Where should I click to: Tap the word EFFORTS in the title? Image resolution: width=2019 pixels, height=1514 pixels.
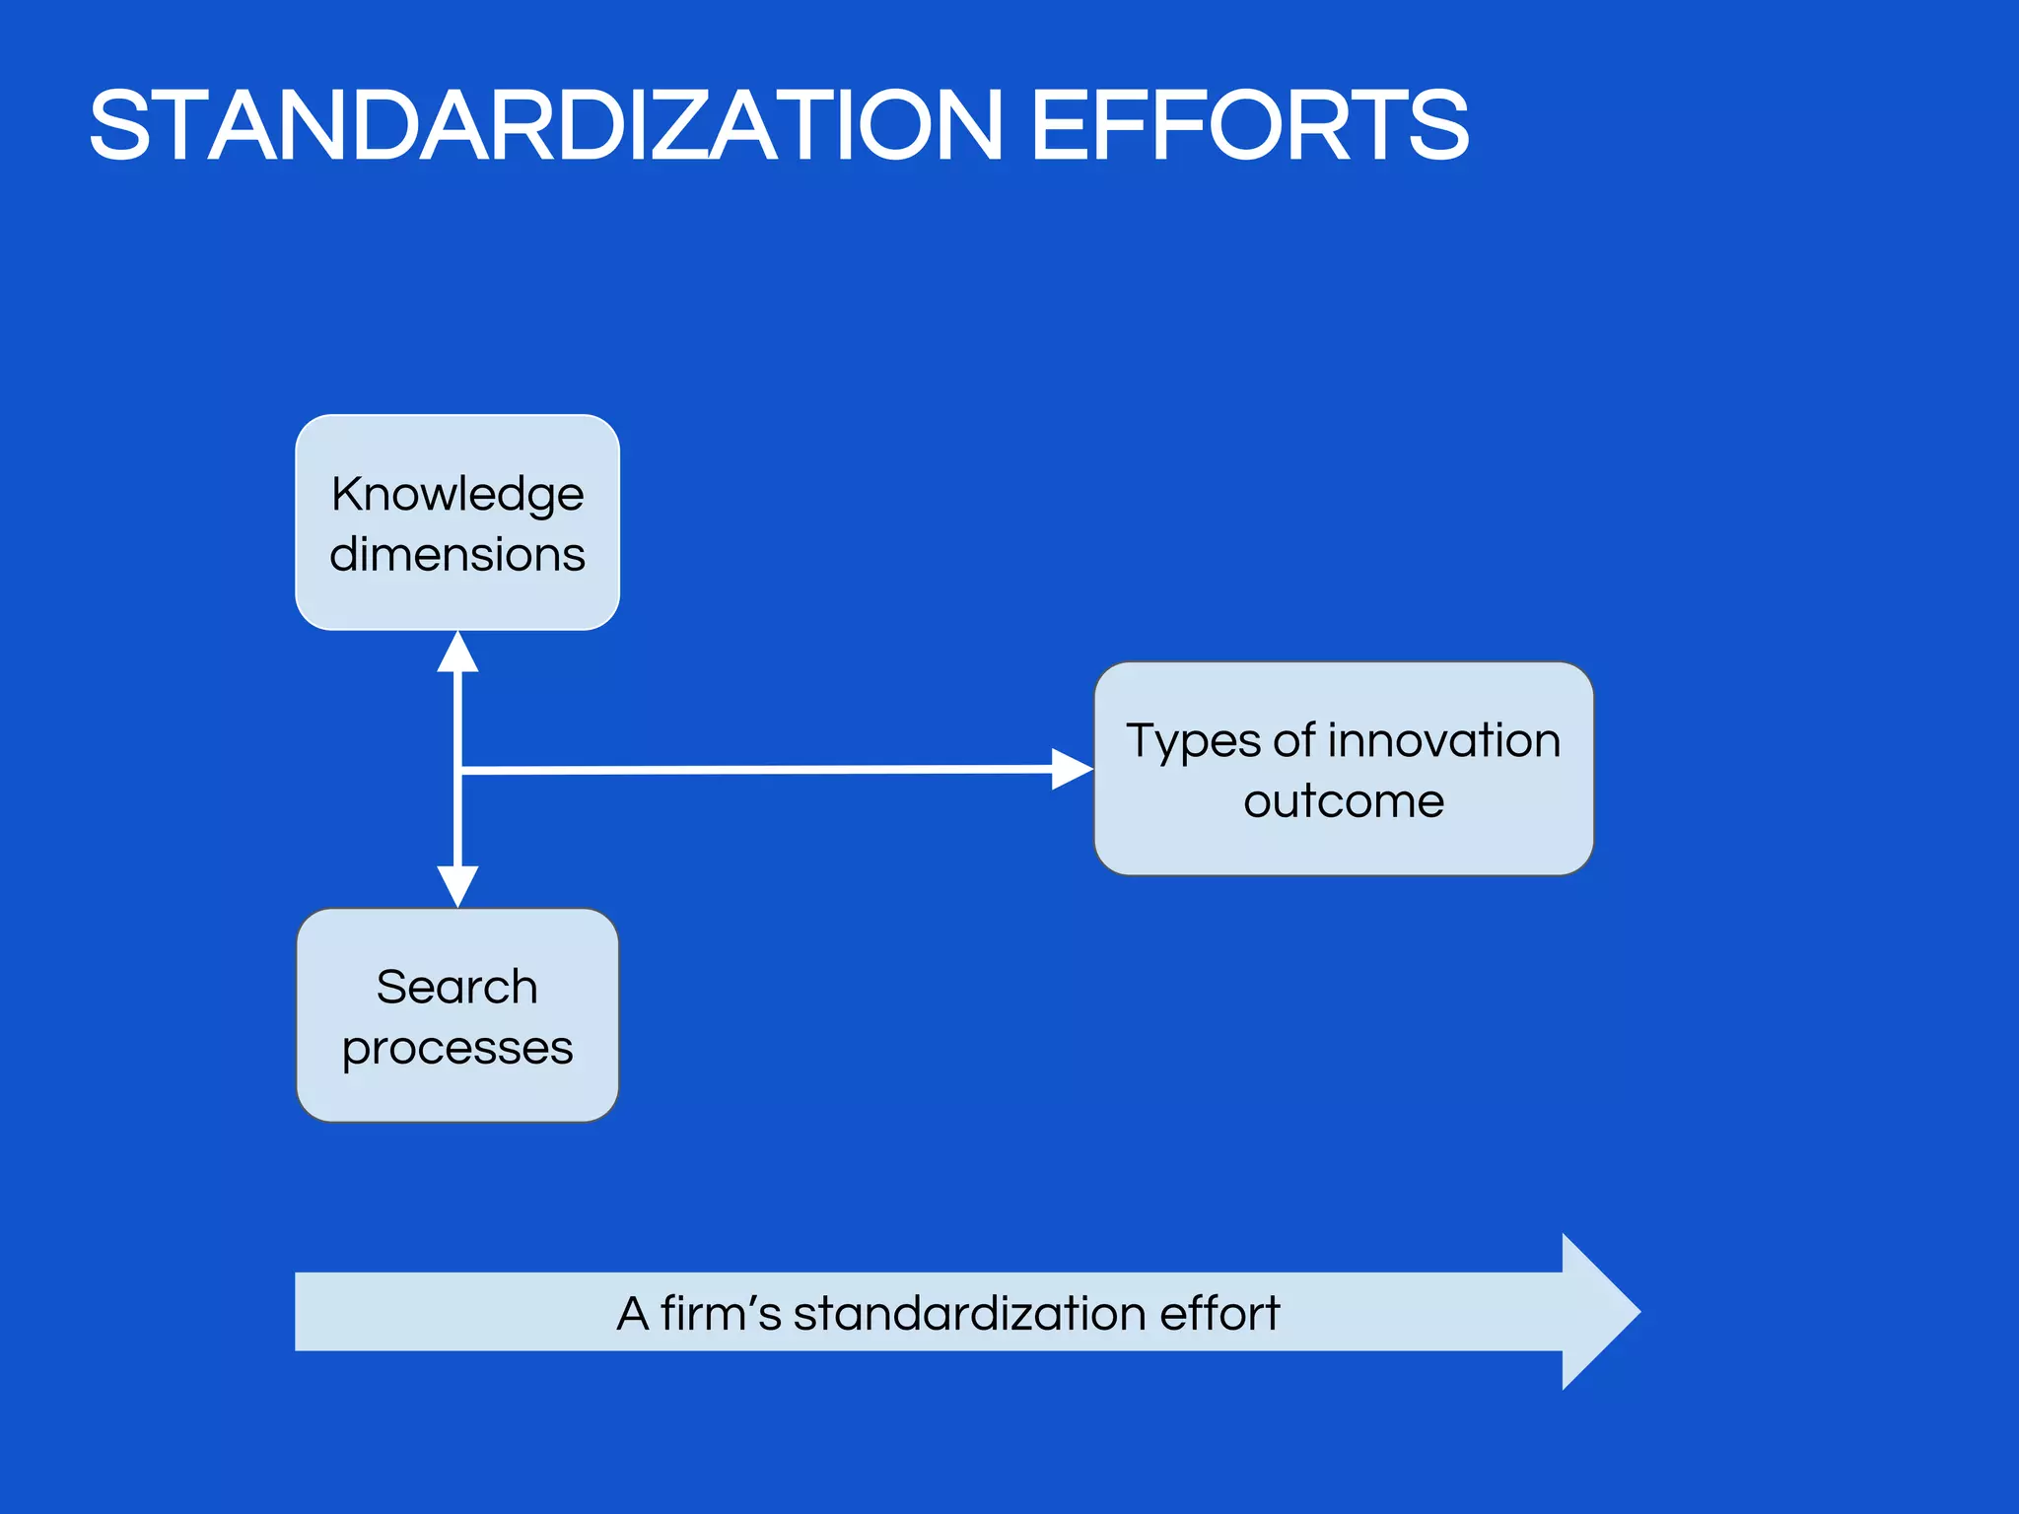pos(1249,126)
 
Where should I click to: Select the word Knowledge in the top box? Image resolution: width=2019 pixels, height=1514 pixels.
pos(457,494)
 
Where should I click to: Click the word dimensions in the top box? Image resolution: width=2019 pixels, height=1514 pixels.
pos(457,554)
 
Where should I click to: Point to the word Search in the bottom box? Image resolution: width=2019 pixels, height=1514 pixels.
pos(457,987)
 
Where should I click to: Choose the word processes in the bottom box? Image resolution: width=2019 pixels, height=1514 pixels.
pos(457,1048)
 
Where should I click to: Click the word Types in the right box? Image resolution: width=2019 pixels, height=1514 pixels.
pos(1192,741)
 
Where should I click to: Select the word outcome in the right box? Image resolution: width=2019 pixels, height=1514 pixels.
pos(1344,800)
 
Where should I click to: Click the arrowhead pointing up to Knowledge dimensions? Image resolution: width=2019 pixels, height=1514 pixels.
pos(457,653)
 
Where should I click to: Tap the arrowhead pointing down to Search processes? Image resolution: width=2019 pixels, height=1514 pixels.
pos(457,885)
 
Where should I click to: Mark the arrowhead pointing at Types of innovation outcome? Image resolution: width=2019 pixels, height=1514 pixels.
pos(1072,769)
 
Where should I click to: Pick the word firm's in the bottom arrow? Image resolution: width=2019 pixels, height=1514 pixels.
pos(721,1313)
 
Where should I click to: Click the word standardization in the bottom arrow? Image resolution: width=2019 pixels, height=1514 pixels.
pos(969,1313)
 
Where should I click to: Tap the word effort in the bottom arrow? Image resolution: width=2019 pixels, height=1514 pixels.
pos(1219,1313)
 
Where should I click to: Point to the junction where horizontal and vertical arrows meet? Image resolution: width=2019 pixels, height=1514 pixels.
pos(458,770)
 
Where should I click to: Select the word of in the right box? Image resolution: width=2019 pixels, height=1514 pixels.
pos(1294,740)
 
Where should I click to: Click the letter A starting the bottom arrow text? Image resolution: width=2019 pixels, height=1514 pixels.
pos(633,1314)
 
